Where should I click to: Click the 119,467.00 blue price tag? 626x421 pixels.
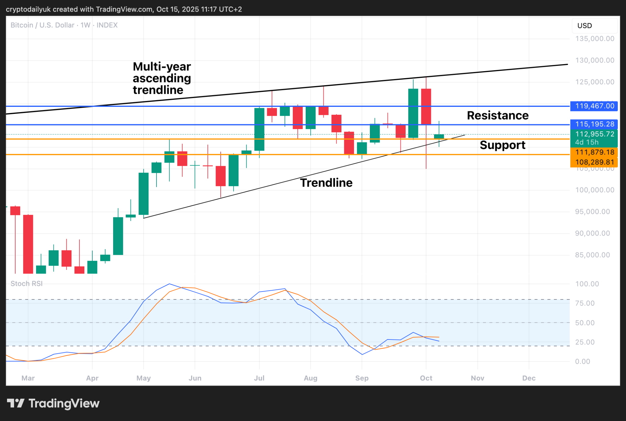point(594,106)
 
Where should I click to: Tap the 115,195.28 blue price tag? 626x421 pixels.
point(594,124)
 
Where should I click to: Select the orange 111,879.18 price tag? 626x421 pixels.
point(594,152)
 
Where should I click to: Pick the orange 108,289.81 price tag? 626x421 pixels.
point(594,162)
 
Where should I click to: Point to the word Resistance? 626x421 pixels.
point(498,115)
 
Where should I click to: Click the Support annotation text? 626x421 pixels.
point(503,145)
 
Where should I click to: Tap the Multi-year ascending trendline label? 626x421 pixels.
point(162,78)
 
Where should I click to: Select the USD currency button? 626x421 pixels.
point(584,26)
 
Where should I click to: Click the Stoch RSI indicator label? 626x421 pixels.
point(27,284)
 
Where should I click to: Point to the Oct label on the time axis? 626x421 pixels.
point(426,378)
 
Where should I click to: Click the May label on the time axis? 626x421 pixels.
point(144,378)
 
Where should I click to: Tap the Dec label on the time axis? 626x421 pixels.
point(529,378)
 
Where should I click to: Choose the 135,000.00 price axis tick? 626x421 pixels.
point(595,39)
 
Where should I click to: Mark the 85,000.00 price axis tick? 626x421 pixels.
point(592,255)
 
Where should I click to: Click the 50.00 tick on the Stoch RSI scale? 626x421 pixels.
point(585,323)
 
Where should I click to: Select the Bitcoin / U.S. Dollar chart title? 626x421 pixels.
point(64,25)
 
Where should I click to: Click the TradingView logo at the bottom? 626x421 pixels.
point(53,404)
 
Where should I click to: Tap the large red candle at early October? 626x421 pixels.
point(426,107)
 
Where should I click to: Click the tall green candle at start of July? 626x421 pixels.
point(260,129)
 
